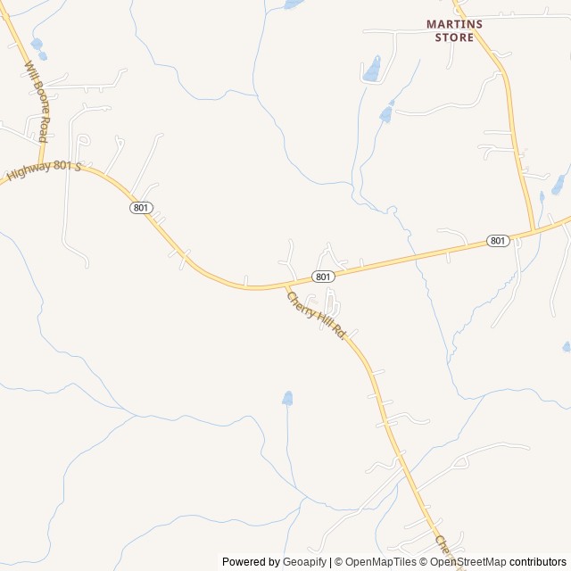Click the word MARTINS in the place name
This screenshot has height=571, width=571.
[x=454, y=24]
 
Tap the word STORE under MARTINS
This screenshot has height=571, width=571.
[x=454, y=37]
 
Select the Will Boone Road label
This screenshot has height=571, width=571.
[x=37, y=102]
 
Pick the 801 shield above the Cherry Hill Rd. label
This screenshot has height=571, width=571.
[x=323, y=277]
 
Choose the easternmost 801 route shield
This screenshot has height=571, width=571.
[x=498, y=241]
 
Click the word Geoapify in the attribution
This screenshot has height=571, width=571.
[x=304, y=562]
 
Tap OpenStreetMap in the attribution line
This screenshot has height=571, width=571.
[x=469, y=562]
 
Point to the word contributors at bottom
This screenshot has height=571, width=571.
[x=538, y=562]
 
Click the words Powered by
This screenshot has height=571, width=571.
[x=251, y=562]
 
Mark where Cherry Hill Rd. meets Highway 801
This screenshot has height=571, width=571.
[x=285, y=286]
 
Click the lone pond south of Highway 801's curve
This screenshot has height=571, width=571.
[x=287, y=398]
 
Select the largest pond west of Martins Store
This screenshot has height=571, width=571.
[x=371, y=69]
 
